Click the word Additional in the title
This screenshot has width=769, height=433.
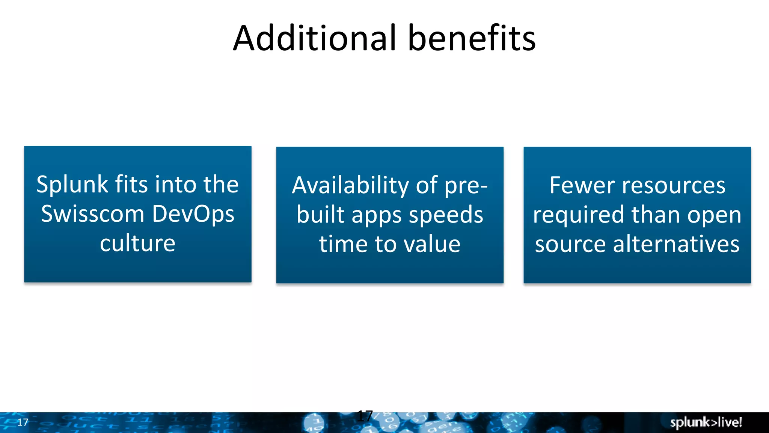click(x=315, y=38)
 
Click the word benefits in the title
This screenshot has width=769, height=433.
click(x=472, y=38)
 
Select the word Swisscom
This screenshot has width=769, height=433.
click(x=92, y=214)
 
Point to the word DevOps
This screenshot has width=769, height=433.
click(x=193, y=214)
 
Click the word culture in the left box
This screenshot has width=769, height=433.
click(x=137, y=243)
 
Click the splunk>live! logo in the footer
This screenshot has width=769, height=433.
click(x=706, y=422)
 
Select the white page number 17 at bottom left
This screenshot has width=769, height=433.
click(x=23, y=422)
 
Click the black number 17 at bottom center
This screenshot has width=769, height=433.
click(x=365, y=416)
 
